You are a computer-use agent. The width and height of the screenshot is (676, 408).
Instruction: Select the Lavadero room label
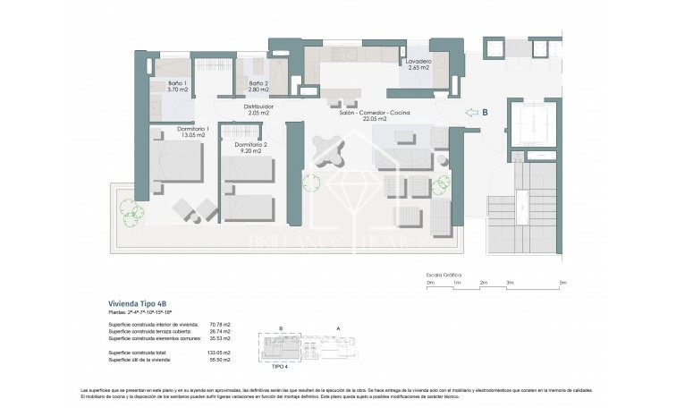pos(419,64)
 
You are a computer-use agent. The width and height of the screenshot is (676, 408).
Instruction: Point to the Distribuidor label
pos(259,109)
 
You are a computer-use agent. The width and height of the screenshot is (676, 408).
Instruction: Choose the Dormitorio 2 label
pos(250,148)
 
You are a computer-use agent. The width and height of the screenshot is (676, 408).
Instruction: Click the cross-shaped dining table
pos(328,149)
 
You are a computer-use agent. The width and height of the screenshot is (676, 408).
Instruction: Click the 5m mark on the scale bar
pos(562,283)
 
